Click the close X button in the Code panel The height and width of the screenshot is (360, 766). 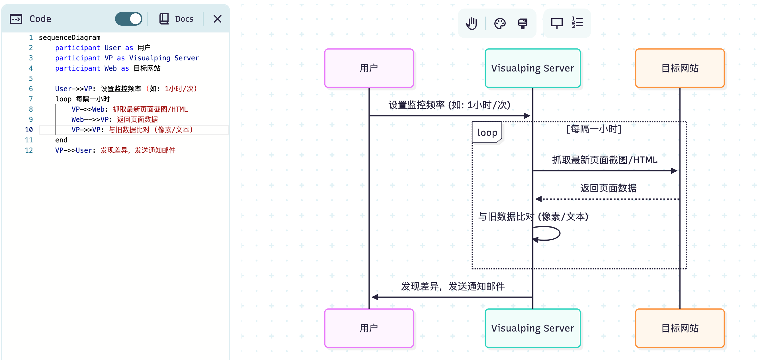(217, 19)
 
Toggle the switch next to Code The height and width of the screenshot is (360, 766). (128, 19)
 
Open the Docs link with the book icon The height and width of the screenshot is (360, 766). (177, 19)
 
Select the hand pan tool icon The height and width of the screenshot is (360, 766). (471, 23)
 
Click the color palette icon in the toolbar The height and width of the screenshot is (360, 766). (500, 23)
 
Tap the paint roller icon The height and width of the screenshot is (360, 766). (523, 23)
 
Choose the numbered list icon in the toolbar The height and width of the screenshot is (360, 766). (577, 22)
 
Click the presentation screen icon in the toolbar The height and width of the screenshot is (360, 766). (557, 23)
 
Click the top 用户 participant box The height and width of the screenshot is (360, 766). (369, 68)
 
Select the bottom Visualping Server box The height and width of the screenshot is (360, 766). (532, 328)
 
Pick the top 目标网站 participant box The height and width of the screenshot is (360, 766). (679, 68)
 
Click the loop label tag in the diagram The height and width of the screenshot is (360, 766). (487, 132)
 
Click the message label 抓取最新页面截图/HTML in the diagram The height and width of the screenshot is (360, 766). (605, 160)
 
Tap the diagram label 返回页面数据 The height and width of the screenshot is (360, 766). (608, 188)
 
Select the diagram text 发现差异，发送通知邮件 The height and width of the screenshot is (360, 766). (452, 286)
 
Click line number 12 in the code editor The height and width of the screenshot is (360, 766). (29, 150)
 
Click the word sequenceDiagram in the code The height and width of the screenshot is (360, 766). (69, 38)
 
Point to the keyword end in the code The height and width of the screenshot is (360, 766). (61, 140)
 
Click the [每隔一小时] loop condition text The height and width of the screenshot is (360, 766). (594, 129)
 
